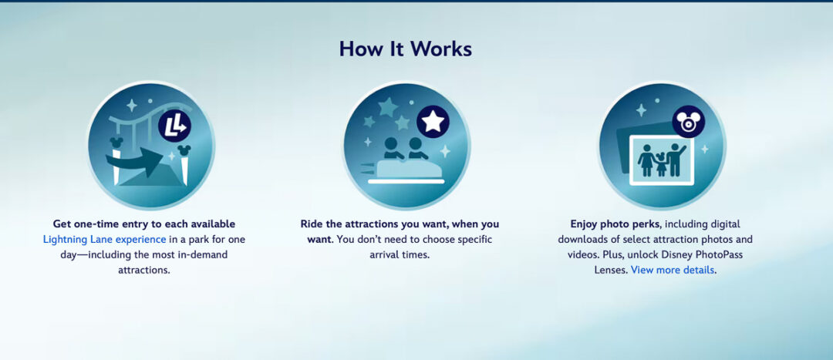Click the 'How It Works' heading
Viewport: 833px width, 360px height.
point(406,49)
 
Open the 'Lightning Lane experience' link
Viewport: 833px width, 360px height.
point(104,239)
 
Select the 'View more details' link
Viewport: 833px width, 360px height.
point(673,270)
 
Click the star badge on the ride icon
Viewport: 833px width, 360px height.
point(433,122)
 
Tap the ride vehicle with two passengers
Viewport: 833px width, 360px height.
point(406,163)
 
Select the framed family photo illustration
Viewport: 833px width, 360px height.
point(662,160)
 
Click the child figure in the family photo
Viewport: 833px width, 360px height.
point(660,164)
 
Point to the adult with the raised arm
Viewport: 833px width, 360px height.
point(676,159)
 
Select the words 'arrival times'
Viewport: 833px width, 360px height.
point(429,254)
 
